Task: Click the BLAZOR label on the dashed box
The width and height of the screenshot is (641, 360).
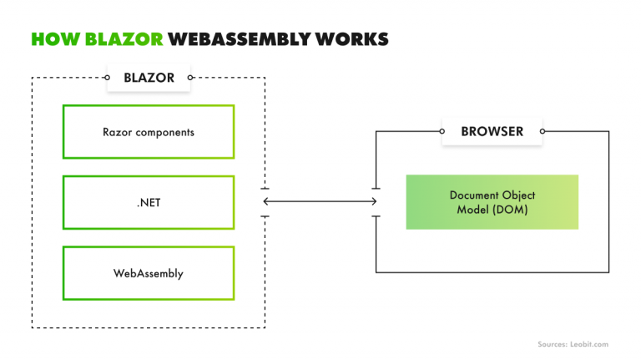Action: click(x=149, y=78)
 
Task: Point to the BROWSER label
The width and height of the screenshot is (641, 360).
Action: click(x=492, y=131)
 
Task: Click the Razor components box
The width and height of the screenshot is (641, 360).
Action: click(x=149, y=132)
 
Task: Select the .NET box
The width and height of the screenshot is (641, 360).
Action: click(x=149, y=202)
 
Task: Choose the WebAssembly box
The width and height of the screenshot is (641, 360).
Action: click(x=149, y=273)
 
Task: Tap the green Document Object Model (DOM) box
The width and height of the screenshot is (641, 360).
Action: click(x=492, y=202)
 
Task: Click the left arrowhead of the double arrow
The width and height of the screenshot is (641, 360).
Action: click(x=266, y=201)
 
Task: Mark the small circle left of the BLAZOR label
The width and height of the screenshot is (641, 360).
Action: click(x=108, y=78)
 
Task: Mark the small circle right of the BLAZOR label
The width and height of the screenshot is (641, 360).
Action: click(x=190, y=78)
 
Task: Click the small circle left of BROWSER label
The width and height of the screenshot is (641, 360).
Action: click(x=442, y=131)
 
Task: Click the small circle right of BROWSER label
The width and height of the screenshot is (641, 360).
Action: click(x=543, y=131)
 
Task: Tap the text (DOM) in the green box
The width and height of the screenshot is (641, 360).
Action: click(x=512, y=209)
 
